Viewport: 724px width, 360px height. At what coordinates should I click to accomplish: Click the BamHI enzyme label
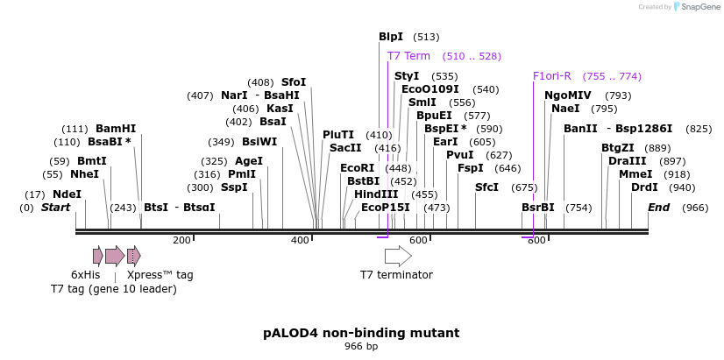tap(116, 128)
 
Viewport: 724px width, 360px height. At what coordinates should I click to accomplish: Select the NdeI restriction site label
tap(67, 194)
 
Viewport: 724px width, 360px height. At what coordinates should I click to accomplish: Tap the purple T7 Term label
tap(408, 56)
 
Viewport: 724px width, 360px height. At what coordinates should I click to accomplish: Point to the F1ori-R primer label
tap(551, 75)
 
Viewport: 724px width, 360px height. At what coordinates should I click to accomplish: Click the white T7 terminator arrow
tap(398, 256)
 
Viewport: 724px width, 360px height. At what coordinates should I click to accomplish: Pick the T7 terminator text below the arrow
tap(396, 275)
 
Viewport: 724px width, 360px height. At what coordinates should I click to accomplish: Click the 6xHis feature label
tap(86, 275)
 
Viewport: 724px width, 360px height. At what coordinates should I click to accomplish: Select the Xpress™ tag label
tap(160, 275)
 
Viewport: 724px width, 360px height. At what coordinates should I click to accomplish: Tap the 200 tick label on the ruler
tap(181, 240)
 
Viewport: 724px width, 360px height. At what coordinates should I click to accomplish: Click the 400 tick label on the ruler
tap(300, 240)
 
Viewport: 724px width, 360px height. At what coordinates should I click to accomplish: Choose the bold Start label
tap(55, 208)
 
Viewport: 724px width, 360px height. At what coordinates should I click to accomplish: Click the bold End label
tap(658, 208)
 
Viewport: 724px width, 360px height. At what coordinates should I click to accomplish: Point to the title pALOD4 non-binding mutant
tap(361, 334)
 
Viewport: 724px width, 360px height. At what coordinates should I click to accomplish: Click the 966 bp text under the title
tap(361, 347)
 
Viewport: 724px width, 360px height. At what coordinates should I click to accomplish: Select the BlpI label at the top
tap(391, 37)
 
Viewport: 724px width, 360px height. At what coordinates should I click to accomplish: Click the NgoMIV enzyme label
tap(568, 95)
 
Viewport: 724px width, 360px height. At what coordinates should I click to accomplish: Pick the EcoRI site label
tap(357, 168)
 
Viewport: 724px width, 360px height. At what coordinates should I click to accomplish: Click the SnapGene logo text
tap(698, 7)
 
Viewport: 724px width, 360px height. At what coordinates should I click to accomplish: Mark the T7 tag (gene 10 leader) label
tap(113, 289)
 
